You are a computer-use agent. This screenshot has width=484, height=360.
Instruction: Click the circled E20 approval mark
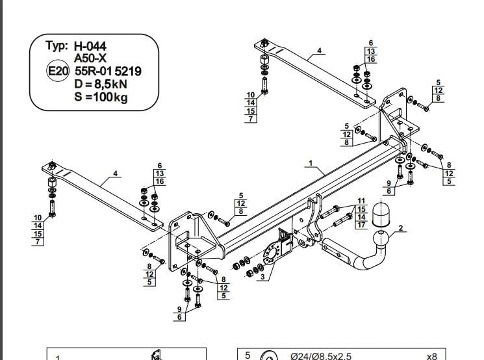coord(57,71)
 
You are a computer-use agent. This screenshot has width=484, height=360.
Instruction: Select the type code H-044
coord(90,46)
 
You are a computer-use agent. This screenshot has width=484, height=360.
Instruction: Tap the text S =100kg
coord(101,97)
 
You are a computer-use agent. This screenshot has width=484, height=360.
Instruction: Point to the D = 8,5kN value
coord(101,84)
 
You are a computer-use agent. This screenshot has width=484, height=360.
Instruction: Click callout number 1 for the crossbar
coord(311,163)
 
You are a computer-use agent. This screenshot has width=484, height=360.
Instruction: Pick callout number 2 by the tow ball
coord(401,228)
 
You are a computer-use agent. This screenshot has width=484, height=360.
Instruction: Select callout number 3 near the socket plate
coord(262,277)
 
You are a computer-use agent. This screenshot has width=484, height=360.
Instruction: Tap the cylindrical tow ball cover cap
coord(381,214)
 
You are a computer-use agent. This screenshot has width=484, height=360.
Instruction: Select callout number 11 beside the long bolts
coord(361,201)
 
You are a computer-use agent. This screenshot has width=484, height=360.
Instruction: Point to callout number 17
coord(361,225)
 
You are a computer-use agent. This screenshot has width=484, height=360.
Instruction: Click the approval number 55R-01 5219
coord(108,71)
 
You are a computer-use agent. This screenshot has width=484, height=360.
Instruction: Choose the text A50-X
coord(90,58)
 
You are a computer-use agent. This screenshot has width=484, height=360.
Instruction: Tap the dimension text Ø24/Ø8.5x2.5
coord(321,356)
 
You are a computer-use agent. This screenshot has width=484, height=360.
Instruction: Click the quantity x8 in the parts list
coord(431,357)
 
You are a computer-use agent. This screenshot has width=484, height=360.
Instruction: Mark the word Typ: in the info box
coord(57,45)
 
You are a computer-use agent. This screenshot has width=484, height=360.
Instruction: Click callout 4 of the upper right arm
coord(319,50)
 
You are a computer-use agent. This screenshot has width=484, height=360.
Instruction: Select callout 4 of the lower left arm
coord(115,174)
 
